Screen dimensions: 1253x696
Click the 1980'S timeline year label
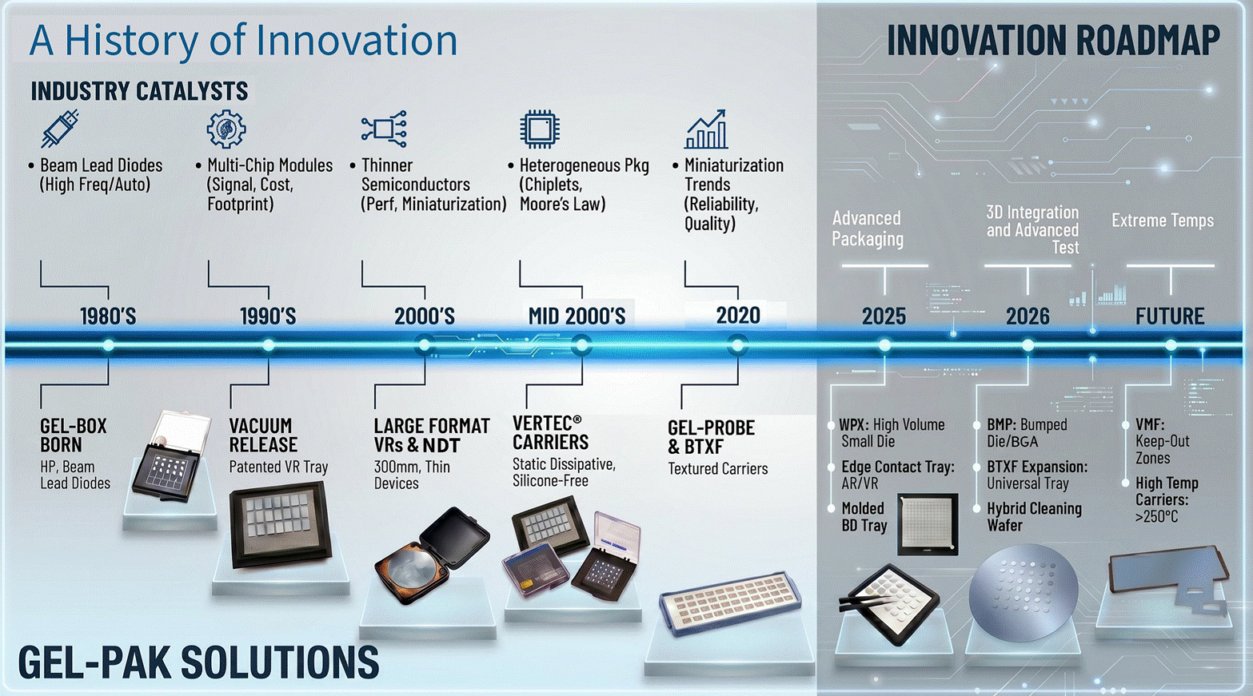108,316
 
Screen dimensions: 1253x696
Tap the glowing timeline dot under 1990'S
269,345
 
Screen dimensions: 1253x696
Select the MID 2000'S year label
577,316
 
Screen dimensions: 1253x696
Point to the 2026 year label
1028,316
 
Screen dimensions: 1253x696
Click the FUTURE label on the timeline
1170,316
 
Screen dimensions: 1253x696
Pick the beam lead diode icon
59,129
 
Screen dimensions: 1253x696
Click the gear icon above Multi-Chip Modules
226,129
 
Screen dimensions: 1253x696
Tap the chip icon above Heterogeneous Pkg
539,129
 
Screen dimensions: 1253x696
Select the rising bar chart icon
706,129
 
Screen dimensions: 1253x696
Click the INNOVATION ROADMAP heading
1053,40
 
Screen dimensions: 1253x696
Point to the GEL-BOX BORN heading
74,435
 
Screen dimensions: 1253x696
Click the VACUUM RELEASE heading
263,435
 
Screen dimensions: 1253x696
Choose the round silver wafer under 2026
1023,593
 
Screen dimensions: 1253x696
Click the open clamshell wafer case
432,555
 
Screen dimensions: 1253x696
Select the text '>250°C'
1157,516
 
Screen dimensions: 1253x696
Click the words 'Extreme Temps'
1163,221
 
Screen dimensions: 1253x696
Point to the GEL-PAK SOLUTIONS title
198,662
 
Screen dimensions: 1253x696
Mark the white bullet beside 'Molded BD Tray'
832,508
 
